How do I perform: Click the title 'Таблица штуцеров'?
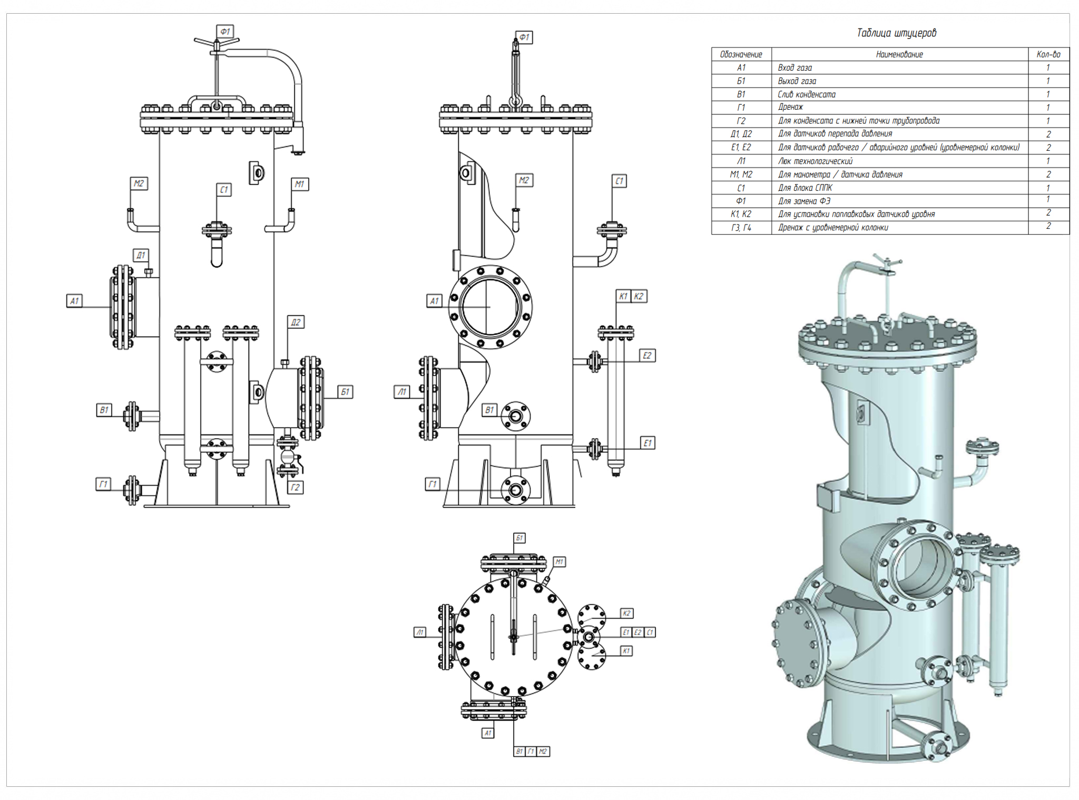click(x=896, y=33)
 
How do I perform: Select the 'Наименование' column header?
click(x=899, y=54)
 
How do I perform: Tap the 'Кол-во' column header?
click(x=1048, y=54)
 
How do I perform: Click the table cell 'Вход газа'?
click(x=794, y=68)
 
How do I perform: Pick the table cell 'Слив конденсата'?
click(x=806, y=94)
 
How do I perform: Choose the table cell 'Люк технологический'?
click(x=815, y=161)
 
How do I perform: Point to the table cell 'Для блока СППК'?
click(x=805, y=188)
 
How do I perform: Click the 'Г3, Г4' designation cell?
click(x=741, y=227)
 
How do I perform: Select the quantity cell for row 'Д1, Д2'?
click(x=1048, y=134)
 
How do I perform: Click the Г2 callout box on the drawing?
click(x=295, y=487)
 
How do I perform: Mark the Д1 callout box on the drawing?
click(x=141, y=255)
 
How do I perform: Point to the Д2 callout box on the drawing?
click(x=296, y=322)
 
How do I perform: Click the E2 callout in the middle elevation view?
click(x=647, y=355)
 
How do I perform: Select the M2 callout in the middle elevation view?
click(x=524, y=180)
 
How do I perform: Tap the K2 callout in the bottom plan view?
click(x=626, y=613)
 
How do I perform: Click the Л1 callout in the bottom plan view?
click(x=420, y=632)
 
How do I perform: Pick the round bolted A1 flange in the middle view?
click(x=490, y=307)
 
